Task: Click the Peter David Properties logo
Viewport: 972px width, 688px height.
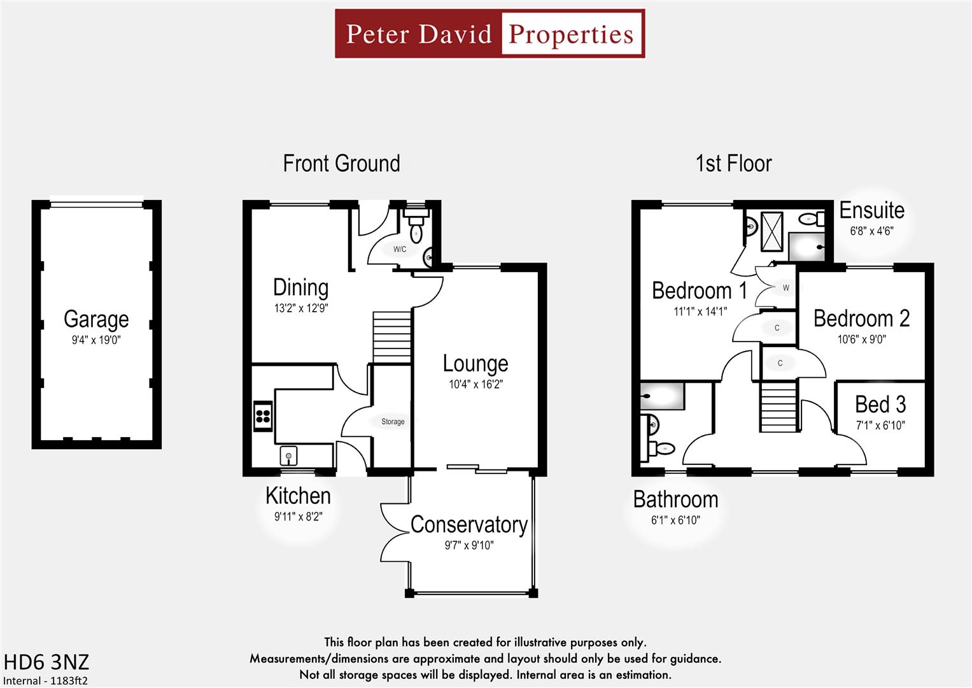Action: coord(490,34)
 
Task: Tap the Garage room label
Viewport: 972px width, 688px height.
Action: coord(96,319)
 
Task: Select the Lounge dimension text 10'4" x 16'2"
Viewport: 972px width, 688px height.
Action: coord(475,384)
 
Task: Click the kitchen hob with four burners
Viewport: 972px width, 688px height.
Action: coord(263,417)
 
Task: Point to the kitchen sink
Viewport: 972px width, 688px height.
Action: coord(288,455)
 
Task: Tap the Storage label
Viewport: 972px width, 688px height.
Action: coord(393,422)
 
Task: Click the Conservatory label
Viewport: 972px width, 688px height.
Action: coord(468,524)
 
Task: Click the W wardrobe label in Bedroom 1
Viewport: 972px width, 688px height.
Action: coord(785,288)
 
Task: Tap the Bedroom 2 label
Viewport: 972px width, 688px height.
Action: coord(861,318)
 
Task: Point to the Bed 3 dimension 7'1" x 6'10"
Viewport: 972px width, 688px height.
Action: coord(880,425)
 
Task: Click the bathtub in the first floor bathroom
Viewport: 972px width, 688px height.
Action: coord(662,396)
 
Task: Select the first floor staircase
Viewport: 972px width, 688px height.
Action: coord(778,406)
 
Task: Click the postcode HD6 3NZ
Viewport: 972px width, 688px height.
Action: coord(46,662)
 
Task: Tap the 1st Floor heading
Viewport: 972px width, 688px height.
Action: coord(733,164)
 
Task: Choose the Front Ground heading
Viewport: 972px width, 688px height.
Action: coord(341,164)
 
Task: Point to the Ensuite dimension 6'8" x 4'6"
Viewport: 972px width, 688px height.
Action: coord(871,231)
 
